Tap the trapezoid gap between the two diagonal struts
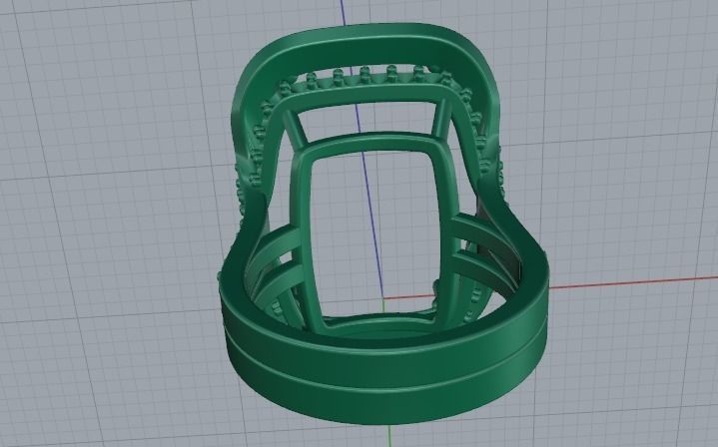point(369,125)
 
